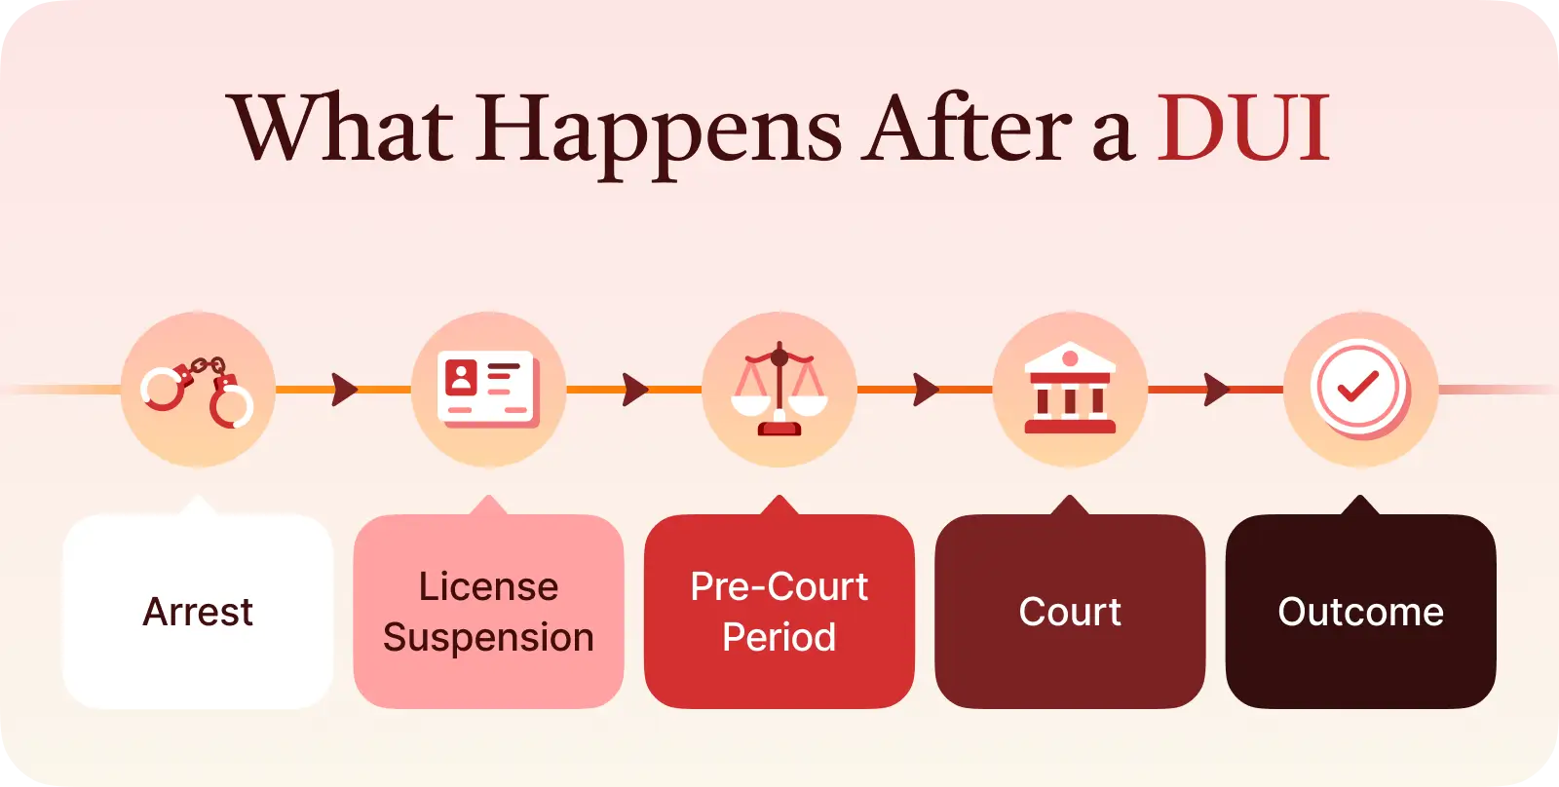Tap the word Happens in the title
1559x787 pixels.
(658, 135)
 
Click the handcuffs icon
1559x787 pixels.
(197, 392)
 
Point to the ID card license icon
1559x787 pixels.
(488, 389)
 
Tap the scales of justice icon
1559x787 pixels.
(779, 389)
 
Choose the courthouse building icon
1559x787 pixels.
(1070, 389)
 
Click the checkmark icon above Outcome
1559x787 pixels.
(1358, 387)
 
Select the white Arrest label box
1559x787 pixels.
(198, 611)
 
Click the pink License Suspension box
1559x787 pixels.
(488, 611)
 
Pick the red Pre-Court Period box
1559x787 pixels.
(779, 611)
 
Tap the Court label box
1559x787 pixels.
(1070, 611)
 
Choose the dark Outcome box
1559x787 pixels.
(1360, 611)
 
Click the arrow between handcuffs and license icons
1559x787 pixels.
(344, 390)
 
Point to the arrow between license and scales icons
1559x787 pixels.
(634, 390)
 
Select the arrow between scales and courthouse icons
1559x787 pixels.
(926, 390)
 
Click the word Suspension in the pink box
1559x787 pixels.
(488, 638)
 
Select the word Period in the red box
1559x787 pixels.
(779, 637)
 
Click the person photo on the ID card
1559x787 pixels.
(461, 378)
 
